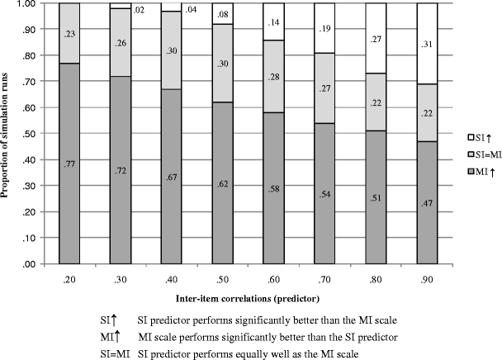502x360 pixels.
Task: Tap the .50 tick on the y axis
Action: pyautogui.click(x=26, y=134)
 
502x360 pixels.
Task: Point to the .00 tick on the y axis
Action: pyautogui.click(x=26, y=264)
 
